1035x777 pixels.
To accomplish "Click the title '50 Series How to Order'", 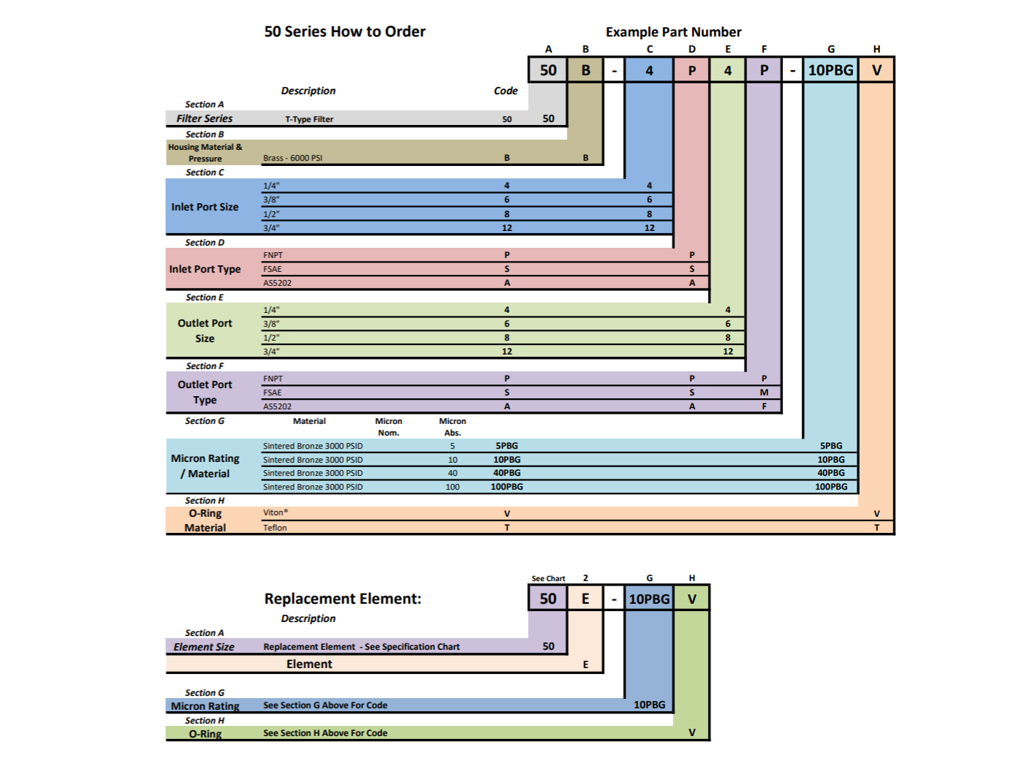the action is (x=345, y=31).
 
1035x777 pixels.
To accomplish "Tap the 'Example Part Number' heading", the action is (x=673, y=32).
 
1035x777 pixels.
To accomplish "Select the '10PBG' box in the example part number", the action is (x=830, y=70).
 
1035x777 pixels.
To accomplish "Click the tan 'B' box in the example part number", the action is (x=585, y=70).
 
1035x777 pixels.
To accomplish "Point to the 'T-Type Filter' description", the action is (x=309, y=119).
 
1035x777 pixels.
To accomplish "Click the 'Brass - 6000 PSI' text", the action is (x=293, y=158).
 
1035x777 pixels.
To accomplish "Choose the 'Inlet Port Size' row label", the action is (x=205, y=207).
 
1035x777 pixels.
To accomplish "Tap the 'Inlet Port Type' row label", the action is (x=205, y=269).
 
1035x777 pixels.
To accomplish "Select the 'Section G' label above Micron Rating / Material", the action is (x=205, y=421).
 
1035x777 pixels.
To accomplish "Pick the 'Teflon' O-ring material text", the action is (x=275, y=528).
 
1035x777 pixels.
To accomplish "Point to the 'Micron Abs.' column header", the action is (x=452, y=427).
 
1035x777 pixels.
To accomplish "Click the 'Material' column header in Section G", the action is (x=309, y=421).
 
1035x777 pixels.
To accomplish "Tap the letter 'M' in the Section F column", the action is (x=764, y=393).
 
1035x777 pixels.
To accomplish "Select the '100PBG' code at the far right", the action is (x=831, y=487).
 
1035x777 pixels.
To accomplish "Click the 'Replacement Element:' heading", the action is (x=343, y=599).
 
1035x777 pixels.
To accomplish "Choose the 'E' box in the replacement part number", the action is (x=585, y=599).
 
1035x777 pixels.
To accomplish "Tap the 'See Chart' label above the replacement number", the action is (x=548, y=578).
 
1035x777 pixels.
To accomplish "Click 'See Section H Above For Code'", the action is (x=325, y=733).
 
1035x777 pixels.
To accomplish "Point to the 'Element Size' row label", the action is (x=204, y=647).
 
